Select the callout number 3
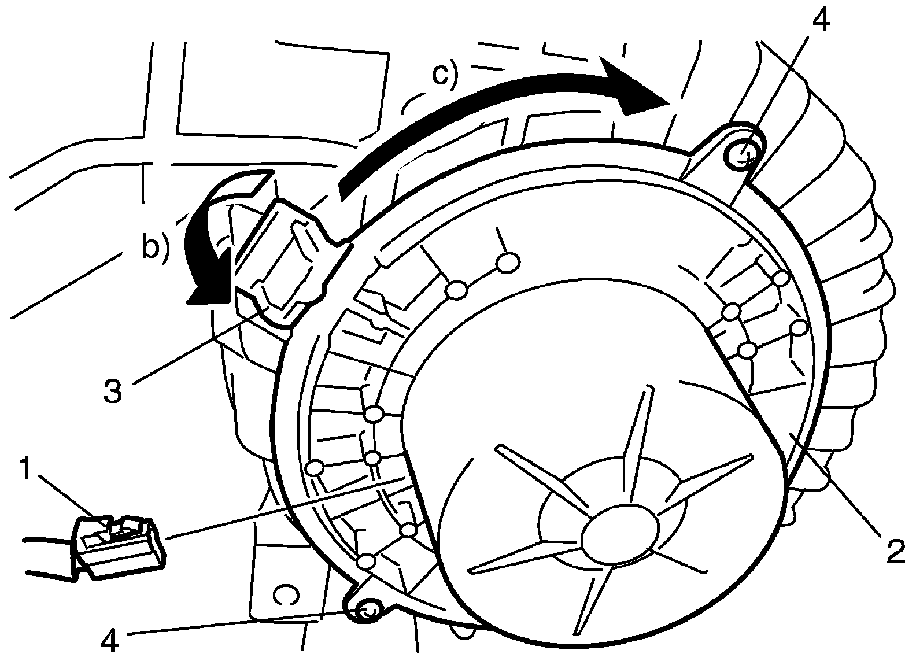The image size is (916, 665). point(113,390)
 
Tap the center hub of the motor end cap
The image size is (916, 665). point(619,531)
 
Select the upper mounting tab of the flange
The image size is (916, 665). point(726,153)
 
